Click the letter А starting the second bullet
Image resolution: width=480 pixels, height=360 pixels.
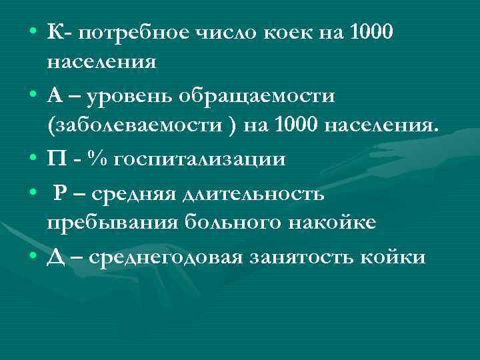coord(54,96)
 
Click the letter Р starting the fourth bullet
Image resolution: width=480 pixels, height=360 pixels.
coord(59,193)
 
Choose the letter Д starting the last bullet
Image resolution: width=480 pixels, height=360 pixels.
coord(55,257)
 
